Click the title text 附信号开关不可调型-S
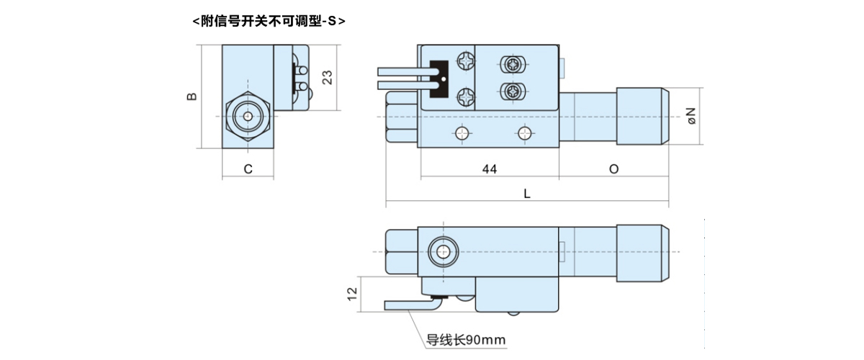click(x=269, y=22)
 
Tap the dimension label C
click(x=248, y=169)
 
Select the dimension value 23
click(x=328, y=77)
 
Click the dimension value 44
click(x=490, y=169)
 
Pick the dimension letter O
click(x=613, y=169)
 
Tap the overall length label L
click(x=527, y=194)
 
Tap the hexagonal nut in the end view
click(x=248, y=116)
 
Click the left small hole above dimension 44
click(x=462, y=132)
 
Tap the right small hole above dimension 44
click(x=525, y=132)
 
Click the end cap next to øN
click(x=643, y=116)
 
